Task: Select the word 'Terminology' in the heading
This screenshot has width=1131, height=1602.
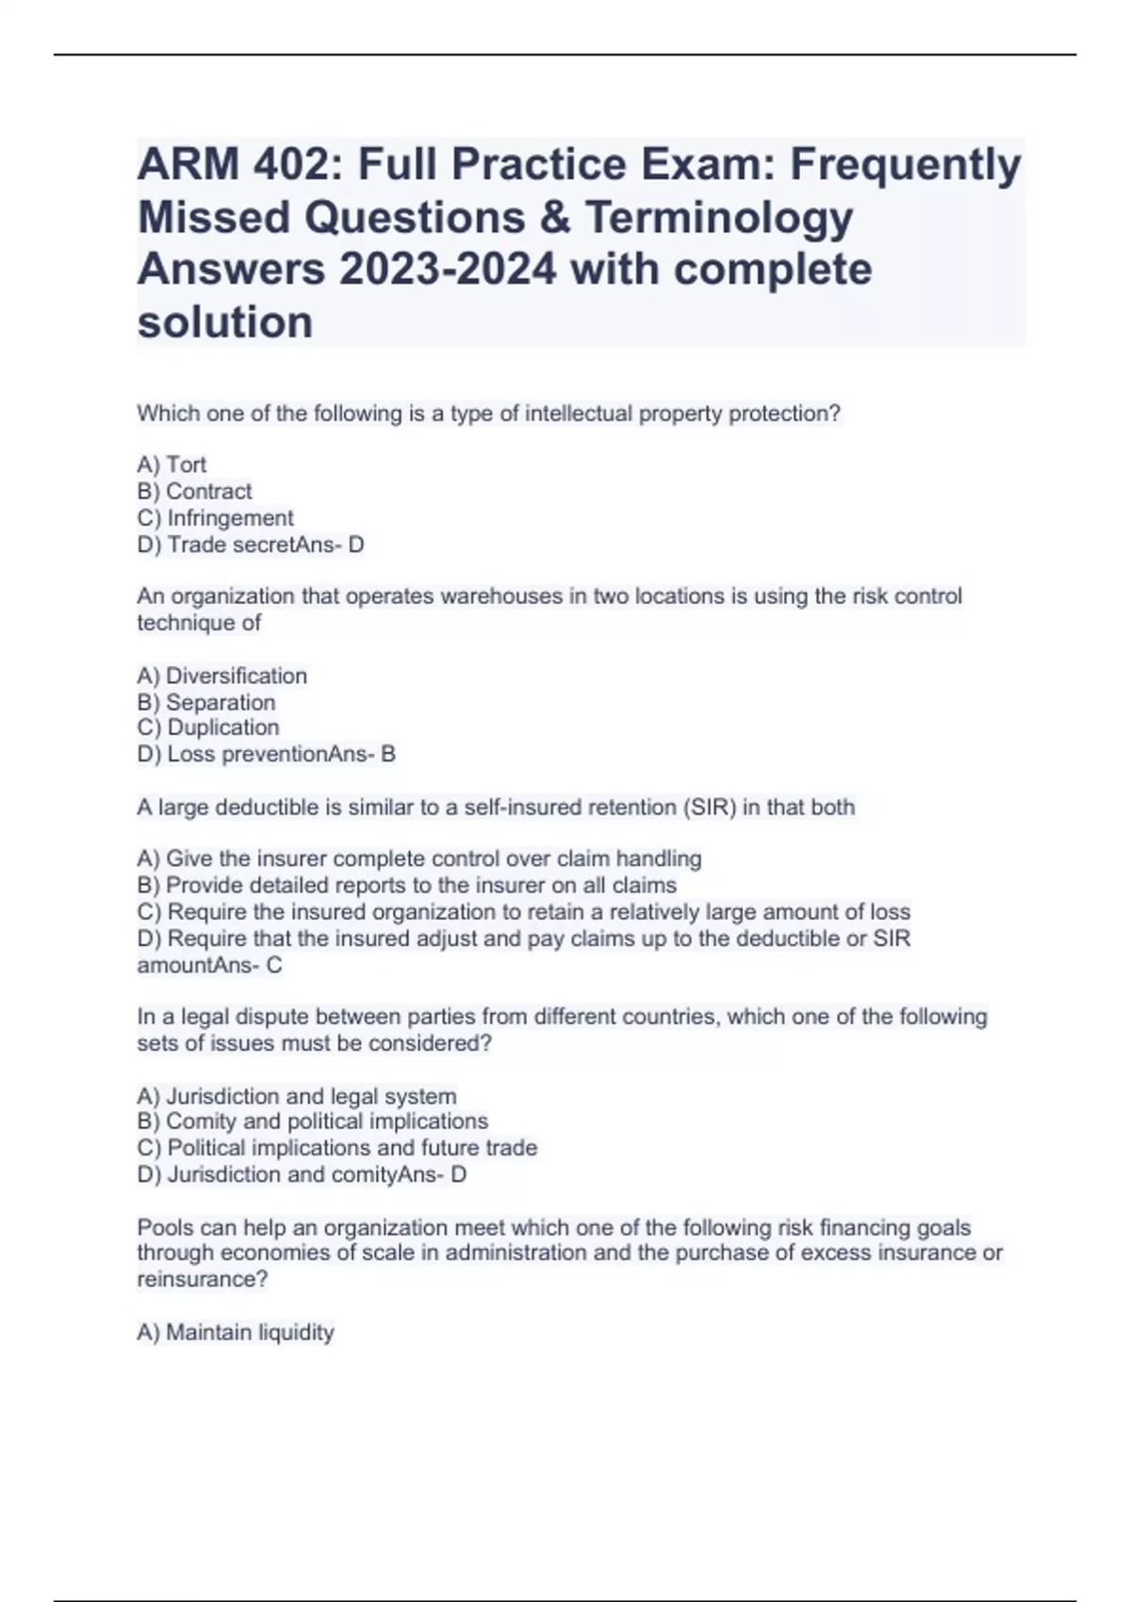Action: coord(719,218)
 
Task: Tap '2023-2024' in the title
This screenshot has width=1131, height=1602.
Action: coord(448,270)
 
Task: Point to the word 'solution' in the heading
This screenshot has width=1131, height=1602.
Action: coord(225,323)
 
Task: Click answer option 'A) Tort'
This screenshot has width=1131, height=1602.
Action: coord(172,465)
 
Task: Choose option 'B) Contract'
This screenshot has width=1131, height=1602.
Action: coord(195,491)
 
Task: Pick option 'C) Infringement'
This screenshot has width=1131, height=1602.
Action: coord(216,518)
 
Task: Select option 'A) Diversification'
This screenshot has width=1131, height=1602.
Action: coord(222,676)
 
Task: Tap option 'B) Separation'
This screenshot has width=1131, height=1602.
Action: coord(206,702)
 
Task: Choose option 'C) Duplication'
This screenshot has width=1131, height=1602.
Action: coord(208,727)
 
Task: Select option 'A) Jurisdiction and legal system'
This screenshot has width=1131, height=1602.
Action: coord(297,1096)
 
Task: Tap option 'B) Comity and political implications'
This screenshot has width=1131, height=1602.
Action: coord(313,1121)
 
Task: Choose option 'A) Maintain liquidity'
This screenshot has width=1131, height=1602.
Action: coord(236,1332)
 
